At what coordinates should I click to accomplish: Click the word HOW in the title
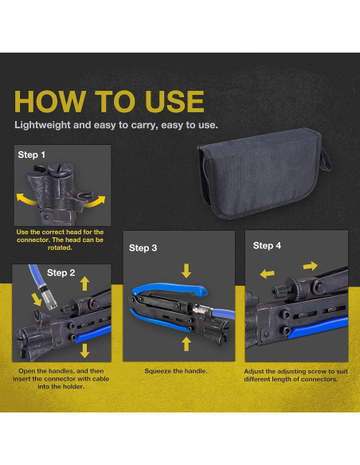coord(50,101)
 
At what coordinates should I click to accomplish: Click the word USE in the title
coord(174,101)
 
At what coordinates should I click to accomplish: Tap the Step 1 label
coord(31,154)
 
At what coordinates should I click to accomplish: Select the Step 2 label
coord(61,272)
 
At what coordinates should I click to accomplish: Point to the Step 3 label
coord(143,248)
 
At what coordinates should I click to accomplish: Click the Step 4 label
coord(267,245)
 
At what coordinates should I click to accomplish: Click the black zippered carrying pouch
coord(264,174)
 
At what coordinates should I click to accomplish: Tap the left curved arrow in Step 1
coord(26,199)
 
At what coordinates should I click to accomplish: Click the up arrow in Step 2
coord(84,283)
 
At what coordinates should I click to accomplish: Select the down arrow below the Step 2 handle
coord(84,350)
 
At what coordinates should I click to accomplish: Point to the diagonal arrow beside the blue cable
coord(37,299)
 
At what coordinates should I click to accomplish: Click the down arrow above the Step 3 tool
coord(186,271)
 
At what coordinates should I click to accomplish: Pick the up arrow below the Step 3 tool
coord(186,344)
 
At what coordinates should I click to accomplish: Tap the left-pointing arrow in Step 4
coord(267,274)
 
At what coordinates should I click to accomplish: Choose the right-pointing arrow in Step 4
coord(311,266)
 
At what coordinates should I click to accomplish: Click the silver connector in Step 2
coord(49,299)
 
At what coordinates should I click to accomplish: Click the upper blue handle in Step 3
coord(170,289)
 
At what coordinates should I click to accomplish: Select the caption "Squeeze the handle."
coord(176,371)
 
